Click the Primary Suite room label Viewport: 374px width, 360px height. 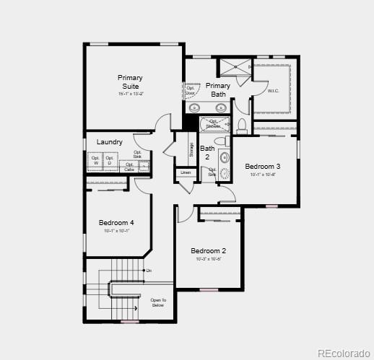(131, 82)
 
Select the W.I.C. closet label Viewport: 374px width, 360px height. (273, 91)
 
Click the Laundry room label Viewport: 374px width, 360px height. (109, 142)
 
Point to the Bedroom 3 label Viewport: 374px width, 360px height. (263, 166)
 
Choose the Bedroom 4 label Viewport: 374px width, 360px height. (117, 222)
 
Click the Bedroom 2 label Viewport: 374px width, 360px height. (209, 251)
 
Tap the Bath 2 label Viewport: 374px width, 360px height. (207, 152)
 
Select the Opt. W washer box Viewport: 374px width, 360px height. (95, 159)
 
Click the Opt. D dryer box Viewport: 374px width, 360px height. (110, 159)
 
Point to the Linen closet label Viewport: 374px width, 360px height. (186, 172)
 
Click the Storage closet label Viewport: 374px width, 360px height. (191, 150)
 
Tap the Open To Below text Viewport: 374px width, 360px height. (158, 302)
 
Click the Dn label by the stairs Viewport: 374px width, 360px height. (149, 271)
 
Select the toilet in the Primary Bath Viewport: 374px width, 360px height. (240, 126)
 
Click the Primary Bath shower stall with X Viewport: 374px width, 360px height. (233, 66)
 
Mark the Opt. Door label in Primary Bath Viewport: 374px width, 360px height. (191, 90)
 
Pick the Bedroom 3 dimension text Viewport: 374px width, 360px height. (263, 175)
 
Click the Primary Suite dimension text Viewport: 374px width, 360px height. (131, 94)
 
